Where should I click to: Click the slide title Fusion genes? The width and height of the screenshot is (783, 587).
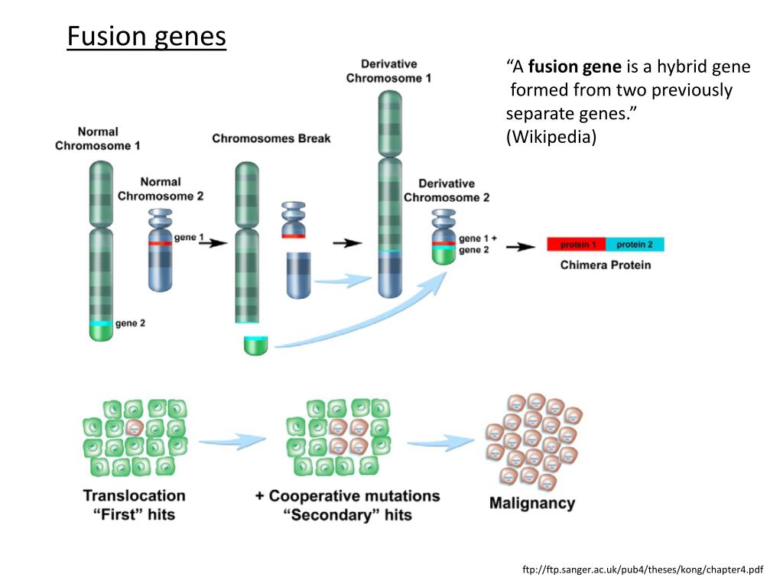coord(146,37)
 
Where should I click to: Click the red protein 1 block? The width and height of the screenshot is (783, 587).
coord(576,245)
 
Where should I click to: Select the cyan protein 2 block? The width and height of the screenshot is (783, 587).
coord(635,245)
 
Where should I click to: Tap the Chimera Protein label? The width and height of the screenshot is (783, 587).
coord(605,264)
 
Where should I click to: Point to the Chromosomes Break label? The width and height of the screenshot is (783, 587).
coord(271,138)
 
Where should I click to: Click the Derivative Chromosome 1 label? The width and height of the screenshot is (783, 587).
coord(388,71)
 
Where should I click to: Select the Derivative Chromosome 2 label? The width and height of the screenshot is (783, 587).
coord(447,190)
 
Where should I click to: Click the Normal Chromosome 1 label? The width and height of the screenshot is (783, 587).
coord(98,138)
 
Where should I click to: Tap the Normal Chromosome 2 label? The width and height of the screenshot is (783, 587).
coord(161,189)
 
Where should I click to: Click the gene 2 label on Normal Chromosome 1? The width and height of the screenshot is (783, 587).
coord(130,323)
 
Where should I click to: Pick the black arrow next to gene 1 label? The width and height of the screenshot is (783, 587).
coord(219,242)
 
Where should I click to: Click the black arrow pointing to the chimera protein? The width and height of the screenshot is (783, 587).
coord(521,246)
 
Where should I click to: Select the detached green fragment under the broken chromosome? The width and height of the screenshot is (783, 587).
coord(256,345)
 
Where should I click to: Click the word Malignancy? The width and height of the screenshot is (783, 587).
coord(531,503)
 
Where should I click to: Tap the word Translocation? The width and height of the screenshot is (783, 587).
coord(134,495)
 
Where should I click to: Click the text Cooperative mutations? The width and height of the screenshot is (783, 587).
coord(355,496)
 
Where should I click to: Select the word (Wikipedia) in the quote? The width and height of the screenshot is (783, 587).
coord(550,137)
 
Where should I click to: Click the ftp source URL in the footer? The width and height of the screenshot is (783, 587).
coord(642,569)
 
